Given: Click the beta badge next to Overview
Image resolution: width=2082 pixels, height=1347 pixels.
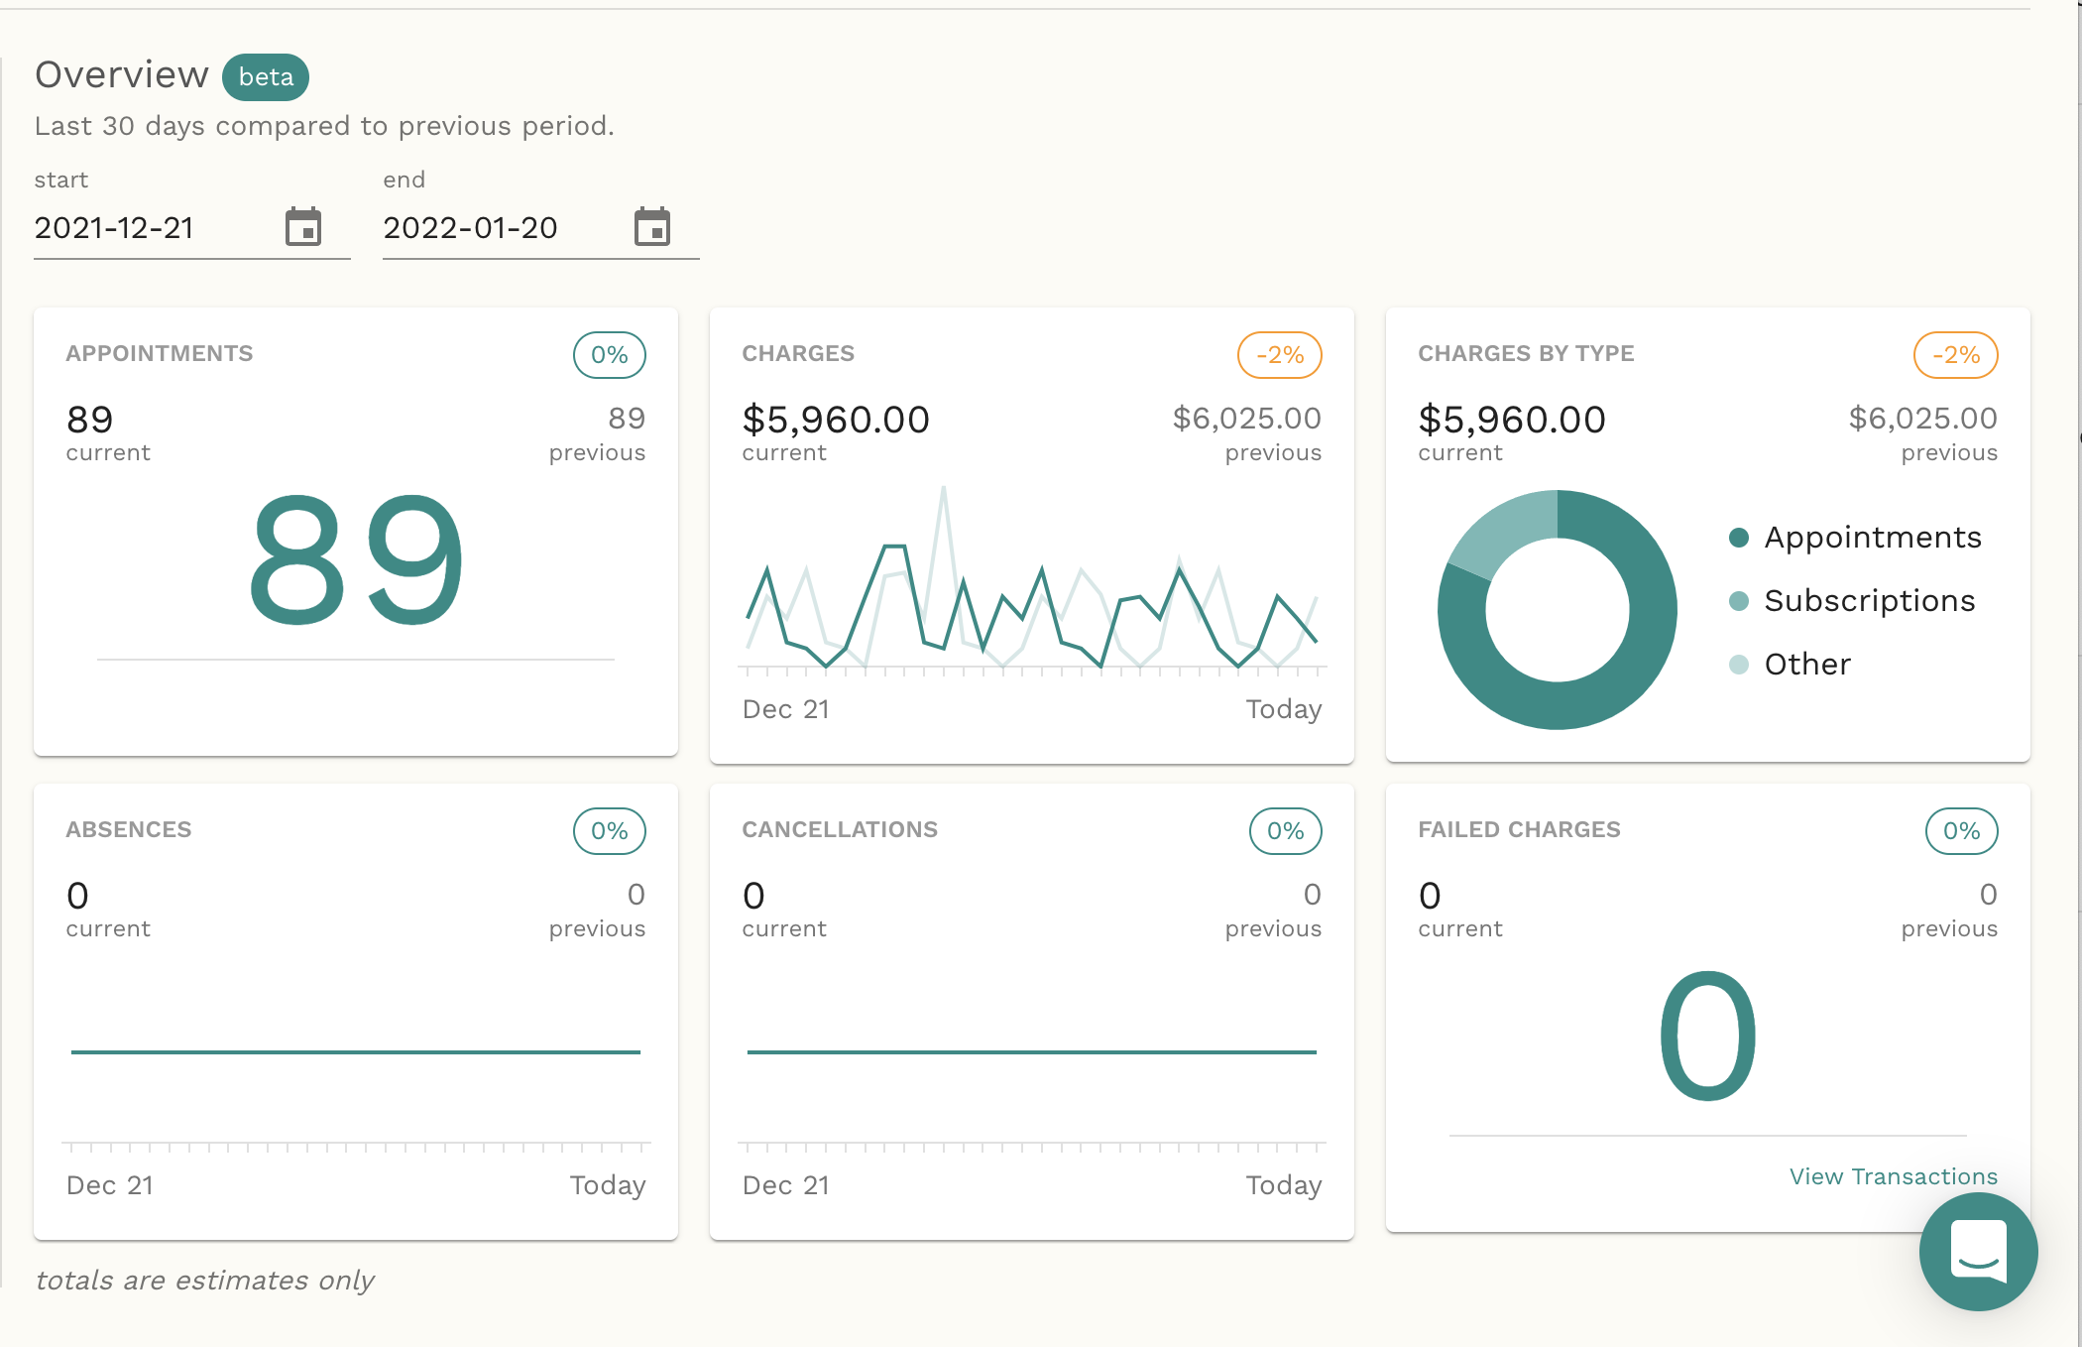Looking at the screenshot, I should (266, 77).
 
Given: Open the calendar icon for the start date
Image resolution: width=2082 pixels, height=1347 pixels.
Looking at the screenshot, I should (303, 227).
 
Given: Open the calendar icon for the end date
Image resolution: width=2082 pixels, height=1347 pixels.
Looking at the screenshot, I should (652, 227).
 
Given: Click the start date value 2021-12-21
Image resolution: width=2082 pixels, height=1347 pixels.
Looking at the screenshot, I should (114, 228).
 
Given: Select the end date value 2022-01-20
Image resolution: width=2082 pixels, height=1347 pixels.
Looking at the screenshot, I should (471, 228).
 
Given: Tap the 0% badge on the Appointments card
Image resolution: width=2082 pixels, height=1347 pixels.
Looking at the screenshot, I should (610, 355).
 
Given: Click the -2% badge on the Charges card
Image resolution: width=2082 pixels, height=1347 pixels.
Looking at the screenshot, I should (1280, 355).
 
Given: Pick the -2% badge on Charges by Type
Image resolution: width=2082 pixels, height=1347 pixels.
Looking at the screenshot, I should (1956, 355).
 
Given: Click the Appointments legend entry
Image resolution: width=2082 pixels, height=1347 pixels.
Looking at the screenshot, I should (1872, 538).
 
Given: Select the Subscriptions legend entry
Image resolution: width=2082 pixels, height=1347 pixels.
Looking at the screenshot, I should (1869, 601).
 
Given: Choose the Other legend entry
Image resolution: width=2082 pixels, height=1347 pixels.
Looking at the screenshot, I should (1806, 665).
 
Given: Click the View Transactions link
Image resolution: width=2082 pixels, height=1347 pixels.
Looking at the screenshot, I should (1894, 1176).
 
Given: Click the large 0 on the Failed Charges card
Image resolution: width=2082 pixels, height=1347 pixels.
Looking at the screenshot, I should (1708, 1038).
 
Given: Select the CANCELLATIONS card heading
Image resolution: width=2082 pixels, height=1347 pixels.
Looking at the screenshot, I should (840, 830).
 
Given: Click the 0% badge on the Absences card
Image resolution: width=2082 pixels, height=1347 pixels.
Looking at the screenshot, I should (610, 831).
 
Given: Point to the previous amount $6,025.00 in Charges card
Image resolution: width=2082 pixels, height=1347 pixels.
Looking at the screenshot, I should (1247, 419).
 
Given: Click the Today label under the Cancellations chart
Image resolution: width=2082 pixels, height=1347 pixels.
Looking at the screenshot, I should (1284, 1185).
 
